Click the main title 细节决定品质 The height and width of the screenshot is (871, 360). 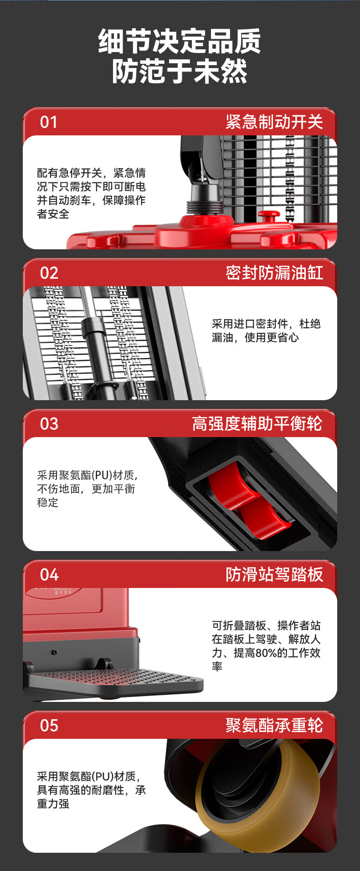click(x=180, y=41)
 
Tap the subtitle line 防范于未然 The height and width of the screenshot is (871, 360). click(x=180, y=72)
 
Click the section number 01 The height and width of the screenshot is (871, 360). click(x=49, y=122)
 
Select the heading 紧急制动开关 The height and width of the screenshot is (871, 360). click(x=274, y=122)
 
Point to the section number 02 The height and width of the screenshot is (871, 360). click(x=49, y=273)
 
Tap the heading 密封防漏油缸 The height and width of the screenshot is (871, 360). click(x=274, y=273)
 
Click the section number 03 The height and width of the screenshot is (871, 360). click(x=49, y=424)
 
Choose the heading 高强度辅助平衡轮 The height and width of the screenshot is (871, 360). click(x=257, y=423)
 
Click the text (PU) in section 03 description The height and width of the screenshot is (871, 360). click(x=102, y=475)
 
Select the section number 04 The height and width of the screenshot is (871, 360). click(x=49, y=575)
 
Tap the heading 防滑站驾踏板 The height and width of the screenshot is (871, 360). click(x=274, y=574)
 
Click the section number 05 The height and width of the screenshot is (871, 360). click(x=49, y=726)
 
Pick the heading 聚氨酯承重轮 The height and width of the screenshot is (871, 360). click(x=274, y=725)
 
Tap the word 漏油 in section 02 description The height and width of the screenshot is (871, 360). click(x=222, y=338)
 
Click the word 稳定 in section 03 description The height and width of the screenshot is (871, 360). click(x=48, y=503)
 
